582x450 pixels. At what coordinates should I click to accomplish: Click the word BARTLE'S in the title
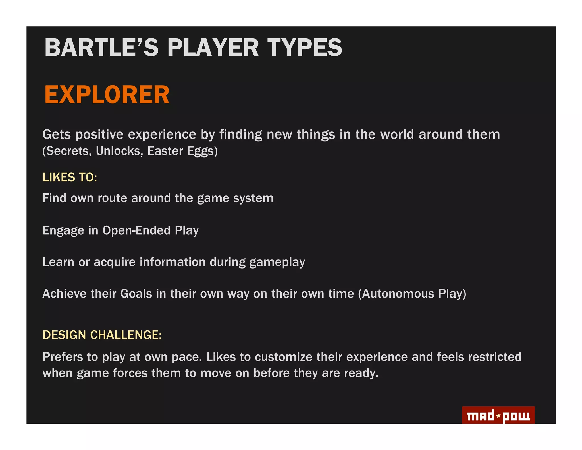coord(101,48)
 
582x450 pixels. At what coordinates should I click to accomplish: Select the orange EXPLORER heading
coord(107,95)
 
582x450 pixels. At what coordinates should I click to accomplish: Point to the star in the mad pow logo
coord(498,416)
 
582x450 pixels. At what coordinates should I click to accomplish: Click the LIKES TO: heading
coord(70,177)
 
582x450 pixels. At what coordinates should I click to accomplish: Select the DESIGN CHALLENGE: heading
coord(102,335)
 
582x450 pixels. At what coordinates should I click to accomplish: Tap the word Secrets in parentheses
coord(67,151)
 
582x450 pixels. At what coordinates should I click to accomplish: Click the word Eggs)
coord(202,151)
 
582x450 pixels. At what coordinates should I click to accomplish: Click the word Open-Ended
coord(136,230)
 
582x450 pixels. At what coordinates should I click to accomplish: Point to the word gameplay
coord(277,262)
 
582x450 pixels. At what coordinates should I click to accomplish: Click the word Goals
coord(136,294)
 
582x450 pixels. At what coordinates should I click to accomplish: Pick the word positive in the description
coord(99,135)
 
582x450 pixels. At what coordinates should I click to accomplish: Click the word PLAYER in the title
coord(213,48)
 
